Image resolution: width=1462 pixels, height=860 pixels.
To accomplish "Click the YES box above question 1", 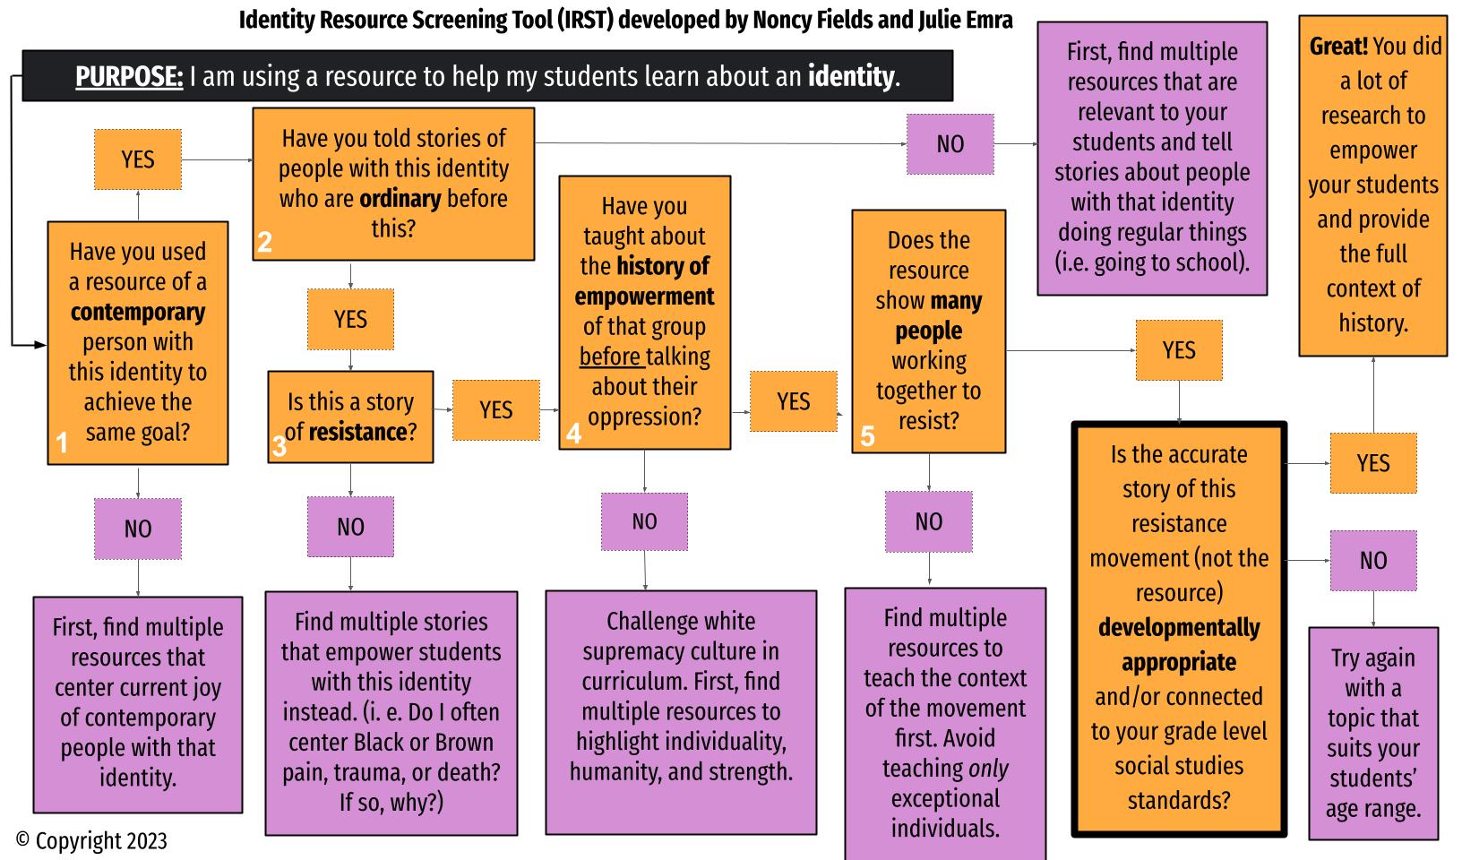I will coord(138,159).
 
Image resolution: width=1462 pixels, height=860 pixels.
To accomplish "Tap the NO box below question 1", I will coord(138,529).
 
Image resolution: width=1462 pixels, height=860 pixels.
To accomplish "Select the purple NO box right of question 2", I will coord(950,143).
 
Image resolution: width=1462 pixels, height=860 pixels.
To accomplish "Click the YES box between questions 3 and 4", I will coord(495,409).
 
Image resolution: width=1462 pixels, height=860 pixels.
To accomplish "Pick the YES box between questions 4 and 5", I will coord(793,400).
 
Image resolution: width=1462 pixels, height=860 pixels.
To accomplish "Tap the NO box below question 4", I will coord(644,521).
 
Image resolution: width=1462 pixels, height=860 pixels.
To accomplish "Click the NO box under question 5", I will coord(928,521).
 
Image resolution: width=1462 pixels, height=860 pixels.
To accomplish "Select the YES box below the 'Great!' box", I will coord(1372,463).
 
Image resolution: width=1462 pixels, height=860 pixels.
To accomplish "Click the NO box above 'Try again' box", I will coord(1372,561).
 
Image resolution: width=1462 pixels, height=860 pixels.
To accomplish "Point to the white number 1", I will coord(62,443).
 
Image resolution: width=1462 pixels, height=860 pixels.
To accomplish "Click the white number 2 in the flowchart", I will coord(264,242).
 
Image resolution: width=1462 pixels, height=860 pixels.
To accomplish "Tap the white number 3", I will coord(279,445).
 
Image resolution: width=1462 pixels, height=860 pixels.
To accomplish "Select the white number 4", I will coord(573,434).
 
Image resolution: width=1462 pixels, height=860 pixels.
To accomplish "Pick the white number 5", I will coord(866,435).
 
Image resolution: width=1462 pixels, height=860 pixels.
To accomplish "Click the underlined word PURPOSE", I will coord(129,77).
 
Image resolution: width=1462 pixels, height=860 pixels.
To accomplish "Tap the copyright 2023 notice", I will coord(91,841).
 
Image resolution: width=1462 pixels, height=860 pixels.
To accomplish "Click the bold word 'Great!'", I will coord(1338,46).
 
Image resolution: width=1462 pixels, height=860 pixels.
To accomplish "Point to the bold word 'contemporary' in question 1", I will coord(138,312).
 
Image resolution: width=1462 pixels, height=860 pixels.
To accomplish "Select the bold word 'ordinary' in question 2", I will coord(400,198).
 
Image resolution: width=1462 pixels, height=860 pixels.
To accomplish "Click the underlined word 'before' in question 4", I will coord(611,357).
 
